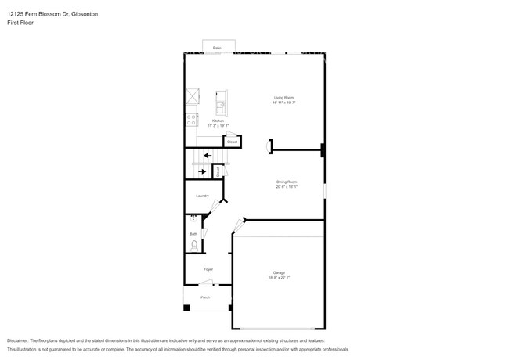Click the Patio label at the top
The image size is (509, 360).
(217, 49)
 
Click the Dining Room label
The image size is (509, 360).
(286, 182)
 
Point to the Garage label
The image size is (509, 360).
(279, 273)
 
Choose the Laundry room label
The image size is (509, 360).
(202, 196)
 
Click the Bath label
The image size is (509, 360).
(193, 233)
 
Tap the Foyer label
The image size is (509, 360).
(208, 269)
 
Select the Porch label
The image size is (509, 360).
(205, 297)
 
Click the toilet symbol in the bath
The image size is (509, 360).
(193, 246)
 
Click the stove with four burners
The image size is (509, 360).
(190, 120)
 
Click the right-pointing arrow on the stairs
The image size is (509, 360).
(203, 171)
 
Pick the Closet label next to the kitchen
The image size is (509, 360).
(232, 142)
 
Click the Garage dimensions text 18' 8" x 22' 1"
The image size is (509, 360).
(279, 278)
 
